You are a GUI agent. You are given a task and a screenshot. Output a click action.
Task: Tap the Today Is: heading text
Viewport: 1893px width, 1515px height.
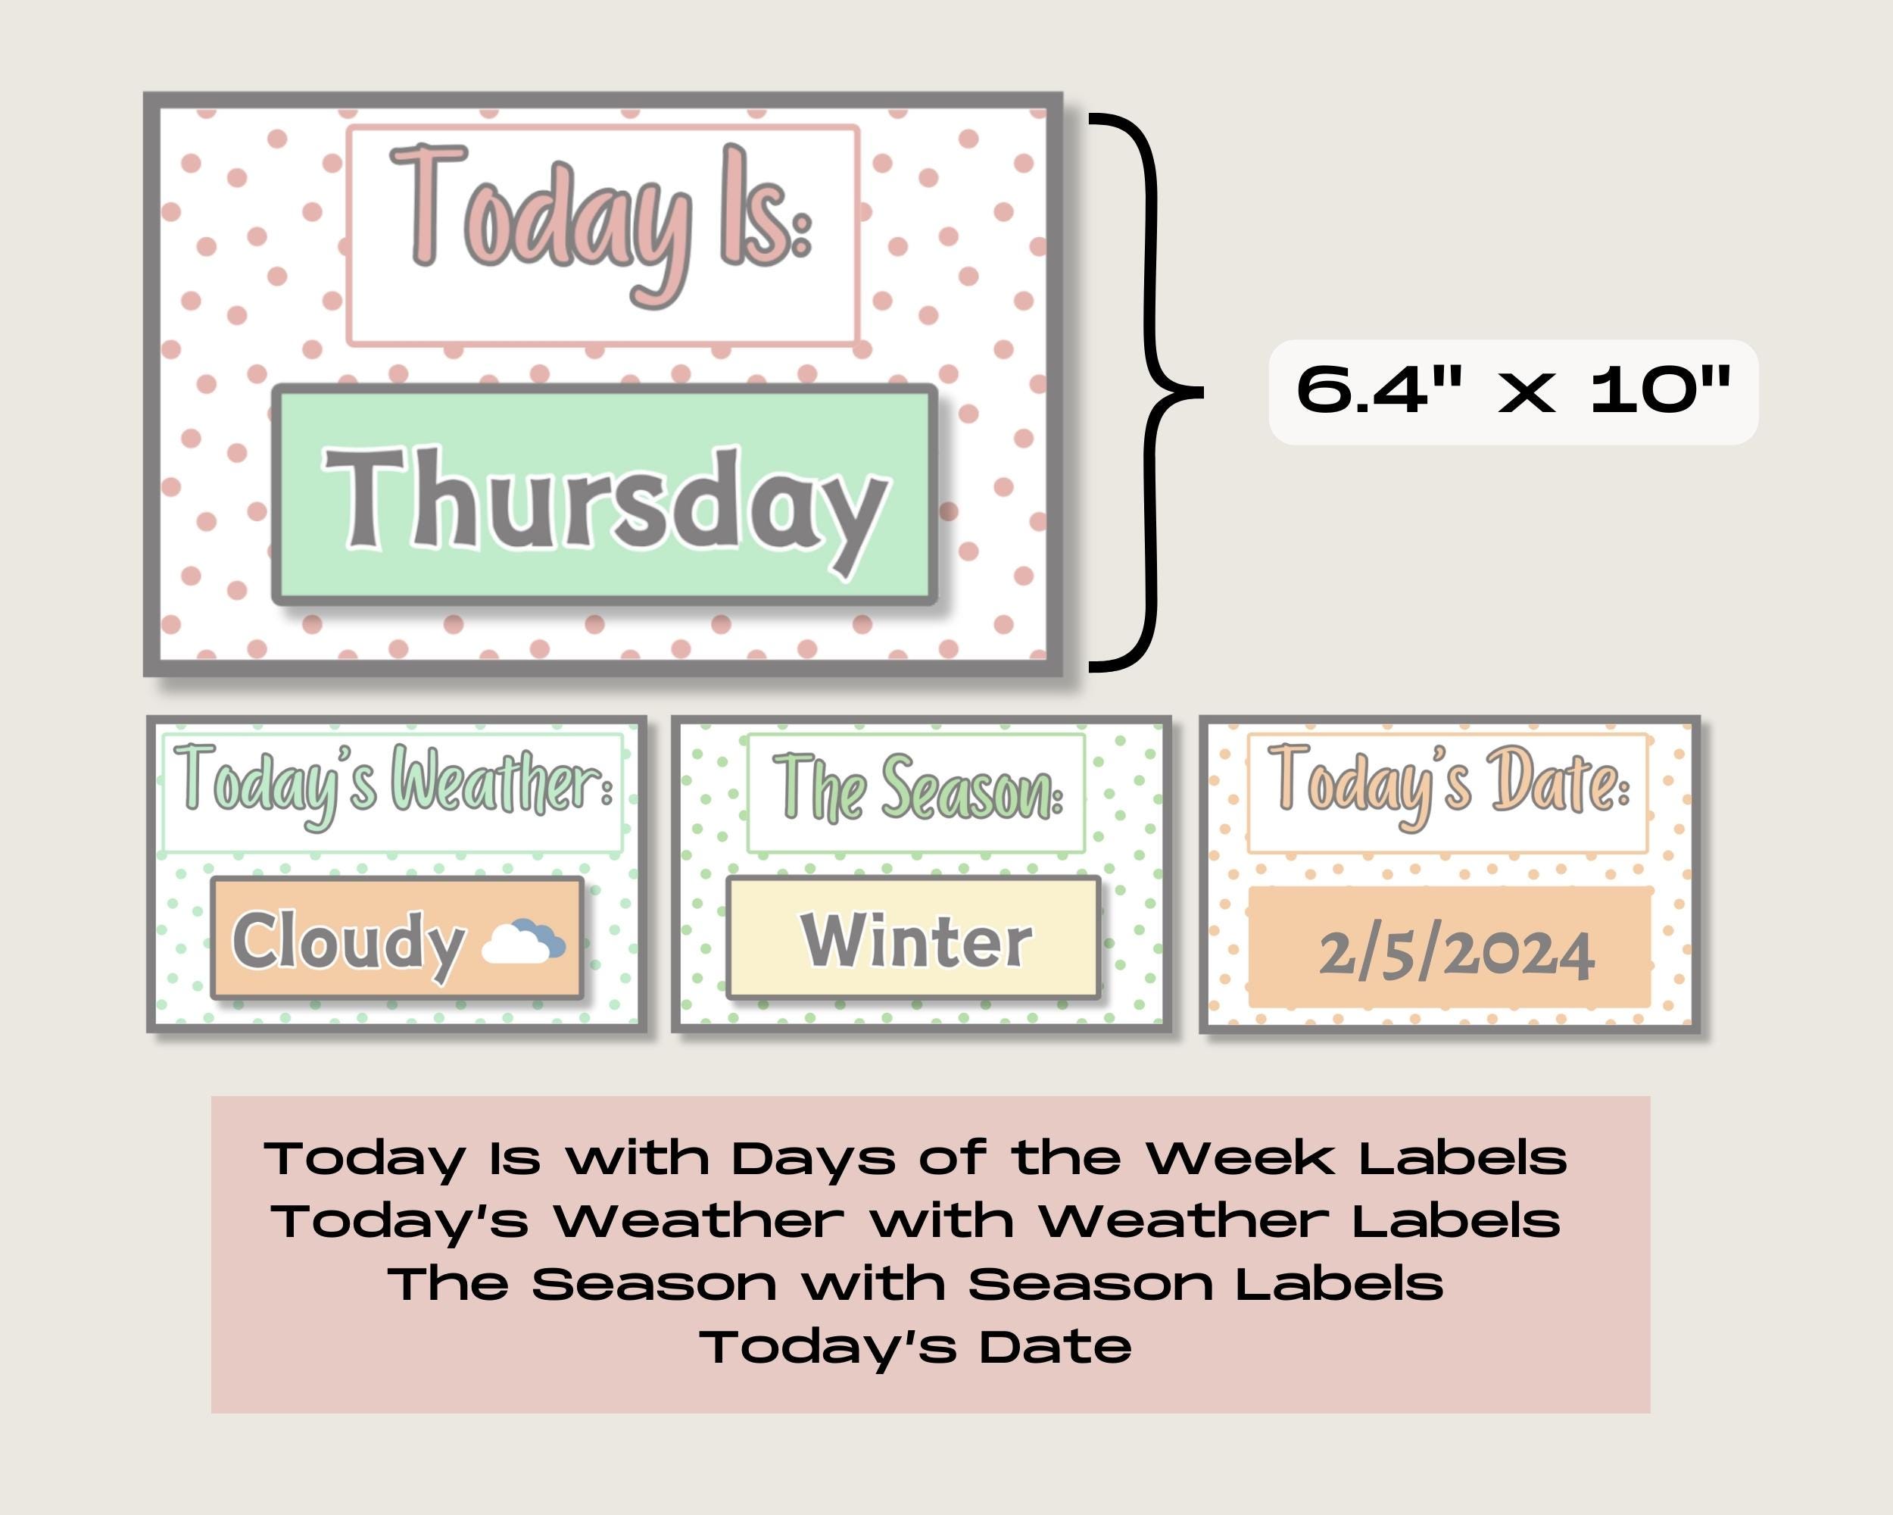point(600,220)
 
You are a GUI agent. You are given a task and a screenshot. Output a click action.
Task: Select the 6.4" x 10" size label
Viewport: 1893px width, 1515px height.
point(1513,391)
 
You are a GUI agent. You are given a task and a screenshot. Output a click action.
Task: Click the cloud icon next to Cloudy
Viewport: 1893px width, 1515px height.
point(524,942)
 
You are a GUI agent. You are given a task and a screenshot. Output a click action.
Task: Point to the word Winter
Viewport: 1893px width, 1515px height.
point(915,941)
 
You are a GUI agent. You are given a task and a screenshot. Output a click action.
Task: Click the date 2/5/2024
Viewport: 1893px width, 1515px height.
point(1456,954)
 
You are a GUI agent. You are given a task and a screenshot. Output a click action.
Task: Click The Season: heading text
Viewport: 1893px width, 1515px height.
point(917,788)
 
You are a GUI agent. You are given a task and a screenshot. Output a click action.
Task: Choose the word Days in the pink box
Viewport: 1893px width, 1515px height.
point(812,1158)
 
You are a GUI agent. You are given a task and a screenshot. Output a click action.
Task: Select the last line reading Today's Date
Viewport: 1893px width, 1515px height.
point(915,1346)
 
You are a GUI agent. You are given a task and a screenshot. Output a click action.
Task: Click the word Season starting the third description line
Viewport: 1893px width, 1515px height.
point(654,1284)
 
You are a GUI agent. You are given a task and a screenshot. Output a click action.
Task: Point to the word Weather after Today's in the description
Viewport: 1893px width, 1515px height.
point(699,1221)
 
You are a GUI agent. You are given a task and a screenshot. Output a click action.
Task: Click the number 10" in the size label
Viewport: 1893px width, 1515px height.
point(1660,391)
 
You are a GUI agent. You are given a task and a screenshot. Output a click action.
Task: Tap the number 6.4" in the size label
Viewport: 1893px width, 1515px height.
point(1380,391)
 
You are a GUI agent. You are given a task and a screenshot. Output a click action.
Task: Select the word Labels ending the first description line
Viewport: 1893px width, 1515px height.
point(1463,1158)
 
